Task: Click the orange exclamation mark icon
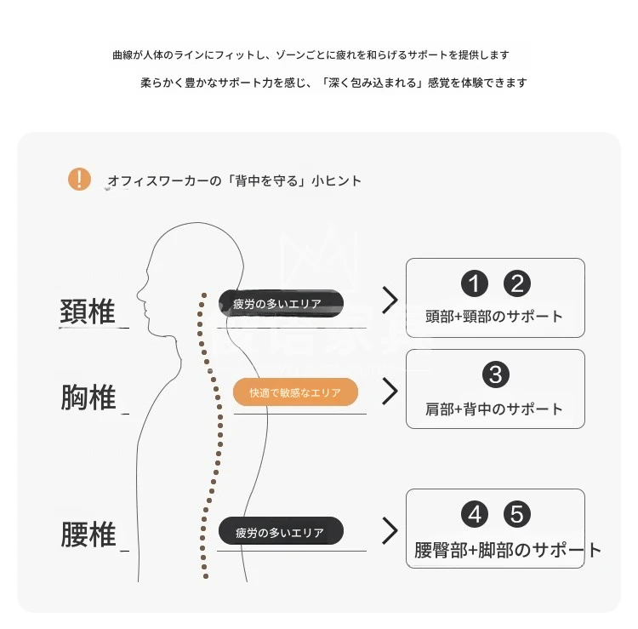tap(79, 179)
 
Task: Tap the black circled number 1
tap(475, 283)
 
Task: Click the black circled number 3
tap(495, 375)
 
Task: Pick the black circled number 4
tap(475, 515)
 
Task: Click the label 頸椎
tap(88, 312)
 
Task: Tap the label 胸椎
tap(88, 397)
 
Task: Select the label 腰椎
tap(88, 535)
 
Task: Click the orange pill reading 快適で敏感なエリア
tap(295, 392)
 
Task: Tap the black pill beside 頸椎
tap(281, 303)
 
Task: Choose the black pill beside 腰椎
tap(281, 532)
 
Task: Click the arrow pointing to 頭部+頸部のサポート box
tap(390, 300)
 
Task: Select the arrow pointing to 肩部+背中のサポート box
tap(390, 391)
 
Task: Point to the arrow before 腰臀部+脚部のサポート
tap(390, 530)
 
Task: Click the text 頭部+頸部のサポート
tap(494, 317)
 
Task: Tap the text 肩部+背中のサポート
tap(494, 409)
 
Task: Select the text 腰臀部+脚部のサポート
tap(507, 550)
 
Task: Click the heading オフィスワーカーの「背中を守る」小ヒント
tap(234, 180)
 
